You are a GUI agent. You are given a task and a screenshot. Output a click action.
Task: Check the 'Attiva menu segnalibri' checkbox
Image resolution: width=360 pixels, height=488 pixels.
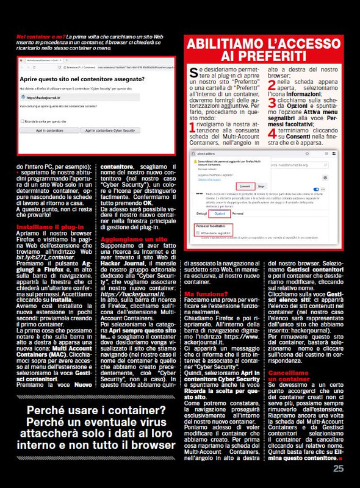[x=198, y=232]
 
